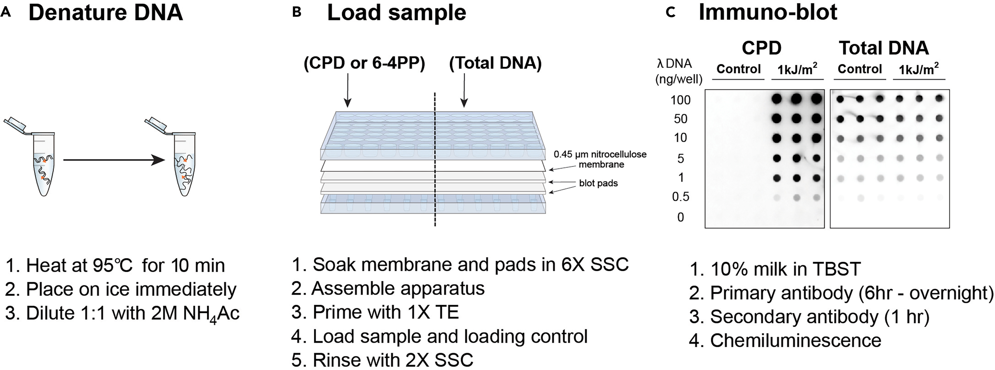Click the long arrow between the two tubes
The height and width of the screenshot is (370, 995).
(114, 160)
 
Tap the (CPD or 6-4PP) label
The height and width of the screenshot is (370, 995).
(364, 63)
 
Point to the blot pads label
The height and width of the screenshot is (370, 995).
(598, 183)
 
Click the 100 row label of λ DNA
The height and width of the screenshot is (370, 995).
(680, 100)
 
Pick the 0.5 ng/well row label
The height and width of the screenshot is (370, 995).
(680, 197)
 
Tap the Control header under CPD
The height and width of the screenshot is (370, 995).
(738, 69)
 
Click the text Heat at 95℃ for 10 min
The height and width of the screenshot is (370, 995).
(115, 266)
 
